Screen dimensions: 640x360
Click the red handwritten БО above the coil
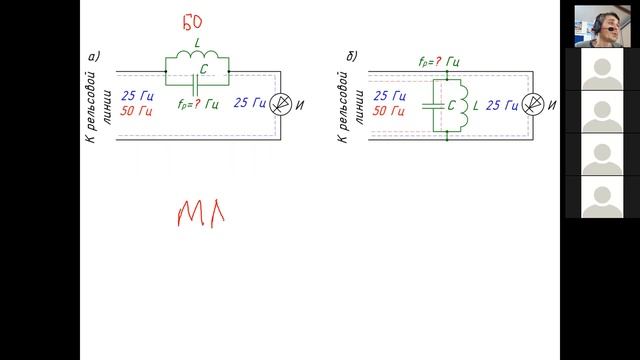coord(192,22)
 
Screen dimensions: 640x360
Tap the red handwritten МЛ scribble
coord(201,213)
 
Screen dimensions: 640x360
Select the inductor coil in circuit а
coord(197,54)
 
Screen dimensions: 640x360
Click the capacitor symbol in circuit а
coord(195,85)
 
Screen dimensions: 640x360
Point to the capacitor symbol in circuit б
coord(433,106)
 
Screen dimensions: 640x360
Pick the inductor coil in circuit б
coord(464,105)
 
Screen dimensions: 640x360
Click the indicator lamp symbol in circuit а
coord(281,104)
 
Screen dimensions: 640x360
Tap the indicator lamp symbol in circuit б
coord(533,104)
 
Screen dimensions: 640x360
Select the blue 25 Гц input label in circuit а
coord(138,96)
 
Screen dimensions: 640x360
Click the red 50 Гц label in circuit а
coord(136,111)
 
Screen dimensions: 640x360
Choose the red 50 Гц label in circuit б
coord(389,111)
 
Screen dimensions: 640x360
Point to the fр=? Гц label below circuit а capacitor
coord(198,104)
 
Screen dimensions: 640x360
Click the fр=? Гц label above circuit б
coord(439,62)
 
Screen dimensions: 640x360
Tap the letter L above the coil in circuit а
coord(198,42)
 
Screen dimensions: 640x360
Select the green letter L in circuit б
coord(476,106)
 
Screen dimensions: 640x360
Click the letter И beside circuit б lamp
coord(551,105)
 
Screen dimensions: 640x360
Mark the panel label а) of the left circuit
coord(94,57)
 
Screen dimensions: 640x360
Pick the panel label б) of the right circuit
coord(352,56)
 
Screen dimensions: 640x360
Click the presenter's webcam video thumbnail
coord(602,26)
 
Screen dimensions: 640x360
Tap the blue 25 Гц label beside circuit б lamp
coord(502,106)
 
